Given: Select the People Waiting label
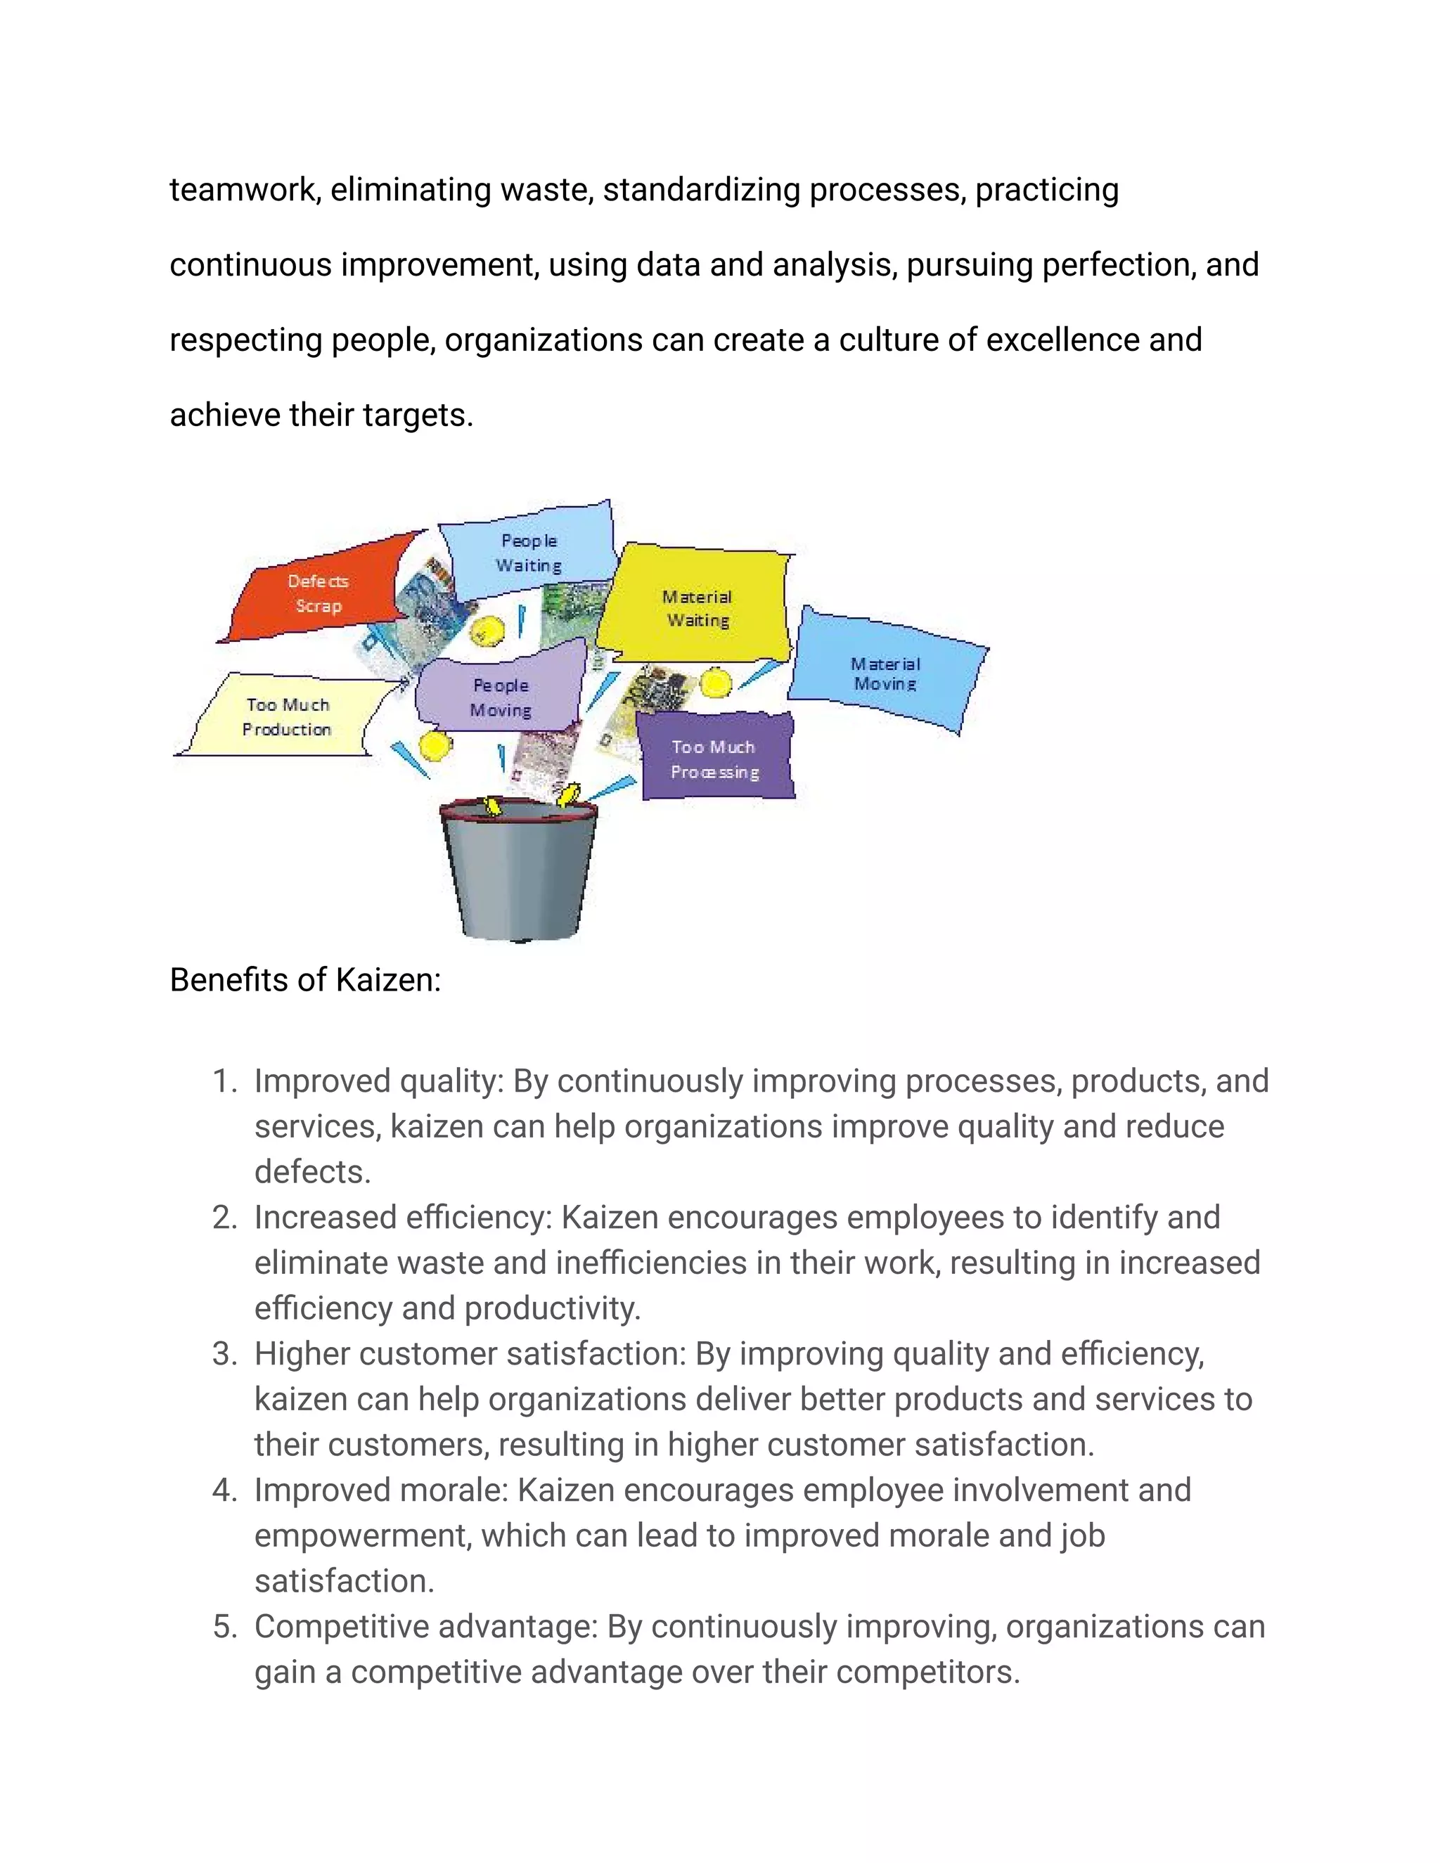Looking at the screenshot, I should tap(529, 553).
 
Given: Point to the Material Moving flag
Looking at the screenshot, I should tap(885, 674).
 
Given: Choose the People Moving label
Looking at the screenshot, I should tap(501, 697).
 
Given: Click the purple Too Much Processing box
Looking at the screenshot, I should tap(714, 759).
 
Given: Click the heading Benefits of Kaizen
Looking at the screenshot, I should tap(305, 980).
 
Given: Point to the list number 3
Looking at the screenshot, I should tap(224, 1354).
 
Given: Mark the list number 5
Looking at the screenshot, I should tap(224, 1627).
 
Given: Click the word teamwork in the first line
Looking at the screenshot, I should tap(245, 189).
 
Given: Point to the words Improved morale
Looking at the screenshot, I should tap(380, 1490).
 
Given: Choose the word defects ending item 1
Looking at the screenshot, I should tap(312, 1172).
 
